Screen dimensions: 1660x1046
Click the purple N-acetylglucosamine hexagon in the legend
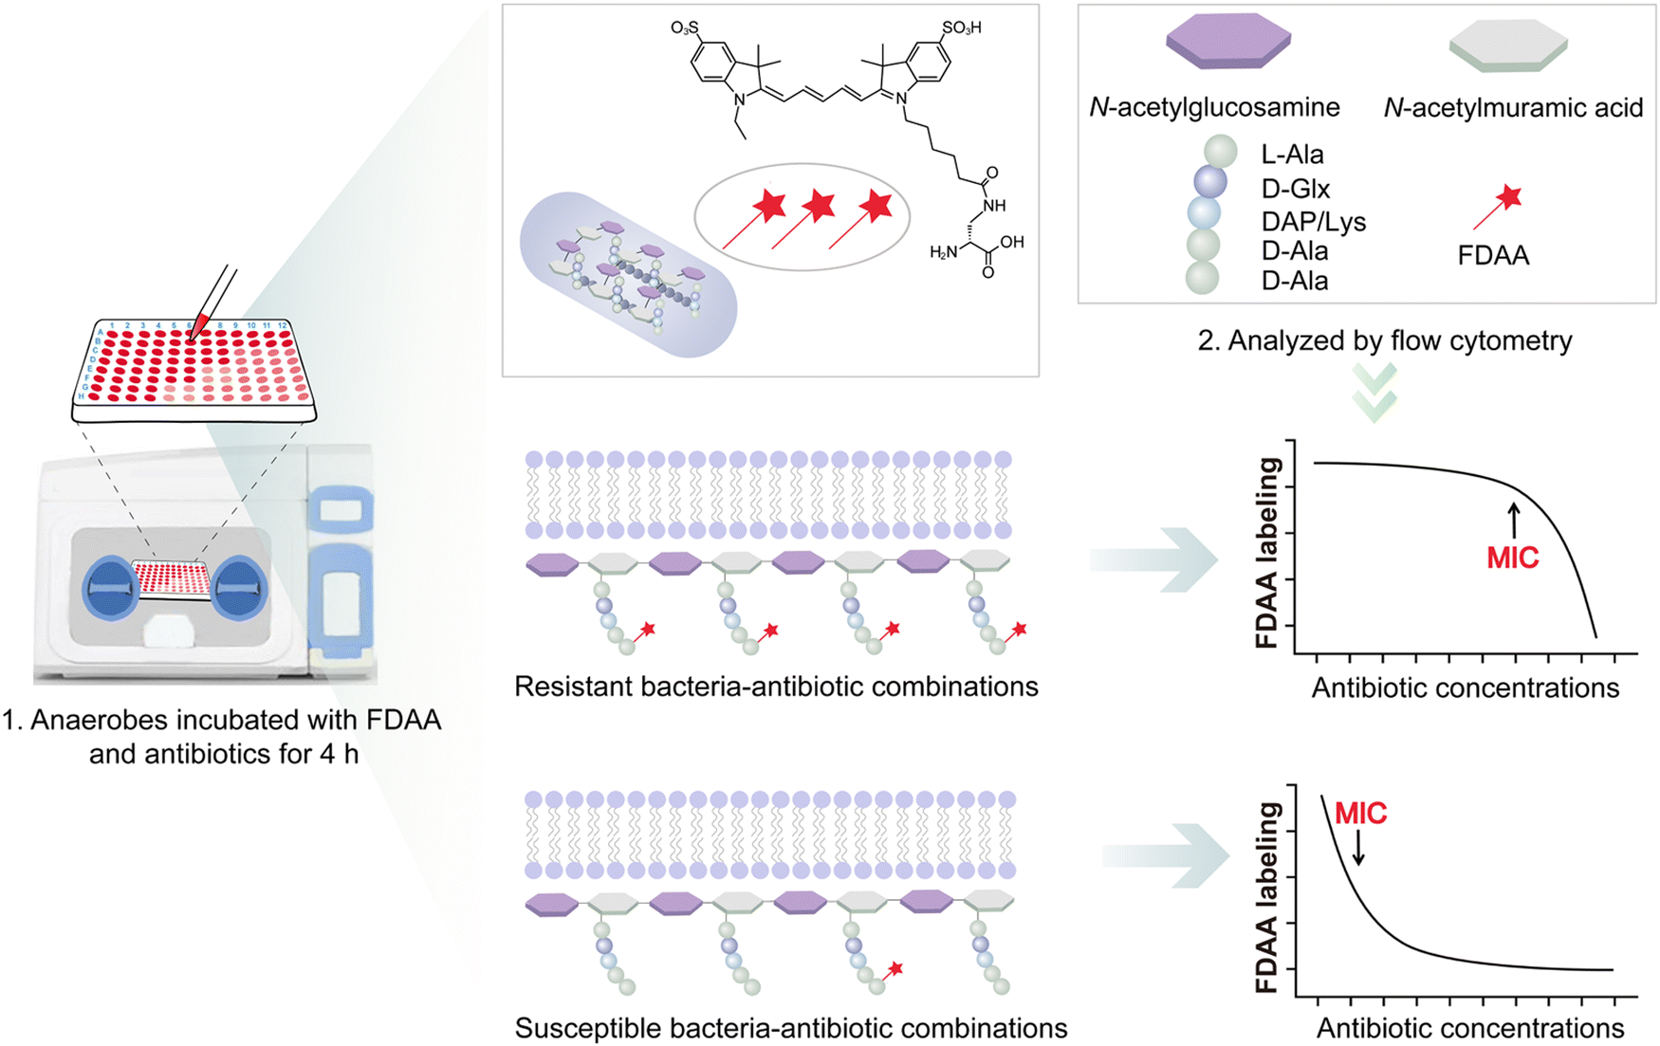pos(1227,41)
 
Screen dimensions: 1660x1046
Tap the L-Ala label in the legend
pos(1292,155)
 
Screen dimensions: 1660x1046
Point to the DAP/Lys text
pos(1313,222)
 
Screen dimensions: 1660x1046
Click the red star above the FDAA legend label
pos(1508,197)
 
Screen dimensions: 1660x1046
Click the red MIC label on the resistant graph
pos(1512,558)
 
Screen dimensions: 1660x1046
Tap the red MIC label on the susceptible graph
pos(1360,813)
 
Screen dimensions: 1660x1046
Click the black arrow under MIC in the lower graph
pos(1358,847)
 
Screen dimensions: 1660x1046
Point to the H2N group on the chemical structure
pos(944,252)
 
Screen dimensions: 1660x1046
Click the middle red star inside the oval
pos(818,204)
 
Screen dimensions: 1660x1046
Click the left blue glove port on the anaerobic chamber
pos(112,589)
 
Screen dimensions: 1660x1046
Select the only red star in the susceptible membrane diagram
pos(895,968)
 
